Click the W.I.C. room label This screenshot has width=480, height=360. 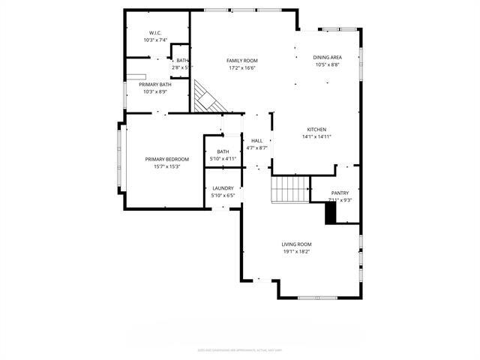tap(156, 33)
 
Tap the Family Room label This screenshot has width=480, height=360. tap(242, 60)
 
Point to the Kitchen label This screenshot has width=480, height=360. tap(316, 130)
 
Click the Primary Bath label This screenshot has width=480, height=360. tap(154, 85)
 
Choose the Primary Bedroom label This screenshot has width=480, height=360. tap(167, 159)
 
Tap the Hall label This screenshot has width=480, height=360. tap(256, 141)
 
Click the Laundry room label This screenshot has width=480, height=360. tap(223, 188)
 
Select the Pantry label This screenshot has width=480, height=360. tap(340, 193)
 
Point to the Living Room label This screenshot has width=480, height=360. tap(296, 244)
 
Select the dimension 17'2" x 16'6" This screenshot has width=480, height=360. tap(242, 67)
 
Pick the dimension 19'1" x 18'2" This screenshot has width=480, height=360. tap(296, 252)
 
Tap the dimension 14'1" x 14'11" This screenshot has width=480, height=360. tap(316, 136)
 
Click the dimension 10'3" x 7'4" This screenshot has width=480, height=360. tap(156, 40)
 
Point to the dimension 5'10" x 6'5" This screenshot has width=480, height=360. tap(223, 196)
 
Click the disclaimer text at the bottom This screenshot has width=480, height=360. tap(239, 349)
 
